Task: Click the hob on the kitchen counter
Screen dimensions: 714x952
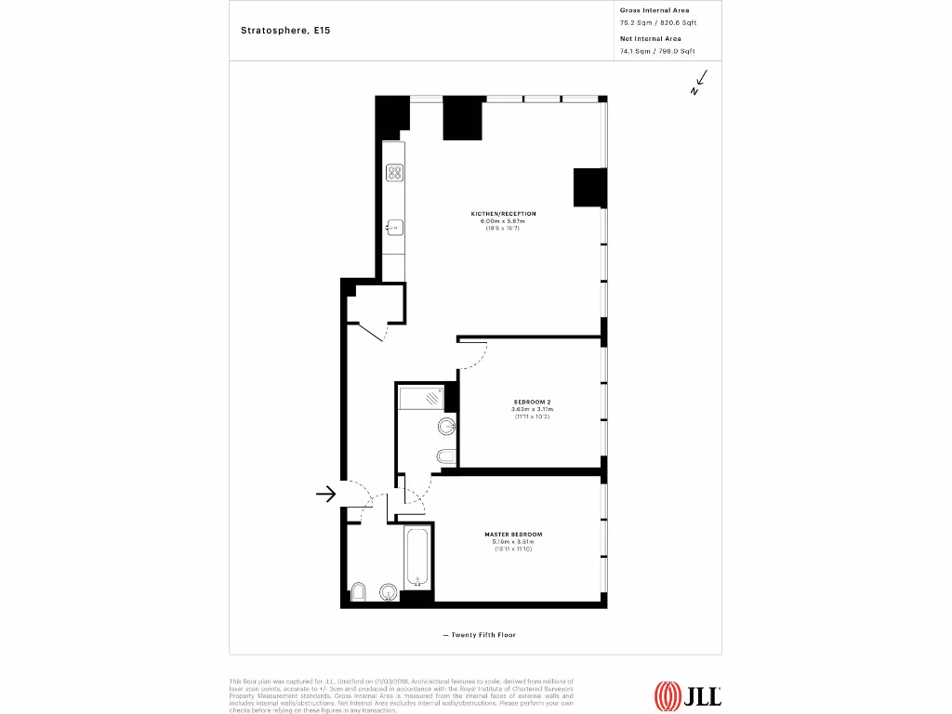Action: (x=394, y=173)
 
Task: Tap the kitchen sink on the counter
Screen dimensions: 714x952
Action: (x=394, y=226)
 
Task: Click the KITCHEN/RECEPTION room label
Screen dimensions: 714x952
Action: (x=503, y=214)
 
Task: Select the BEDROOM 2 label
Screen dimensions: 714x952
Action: (x=532, y=403)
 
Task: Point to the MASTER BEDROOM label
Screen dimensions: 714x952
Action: (x=513, y=535)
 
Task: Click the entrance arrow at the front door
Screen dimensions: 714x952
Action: (x=325, y=494)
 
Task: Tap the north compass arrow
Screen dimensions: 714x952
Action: (x=699, y=84)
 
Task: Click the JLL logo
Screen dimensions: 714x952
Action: (x=688, y=694)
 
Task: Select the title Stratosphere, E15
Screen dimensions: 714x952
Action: (x=285, y=30)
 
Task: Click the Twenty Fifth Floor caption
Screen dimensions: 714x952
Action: (x=479, y=635)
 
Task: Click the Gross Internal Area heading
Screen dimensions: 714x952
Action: (x=654, y=10)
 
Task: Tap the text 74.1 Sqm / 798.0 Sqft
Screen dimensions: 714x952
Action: (x=656, y=52)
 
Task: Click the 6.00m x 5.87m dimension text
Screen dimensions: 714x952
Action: (x=503, y=221)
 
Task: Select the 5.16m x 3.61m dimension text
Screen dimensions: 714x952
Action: (x=513, y=542)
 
